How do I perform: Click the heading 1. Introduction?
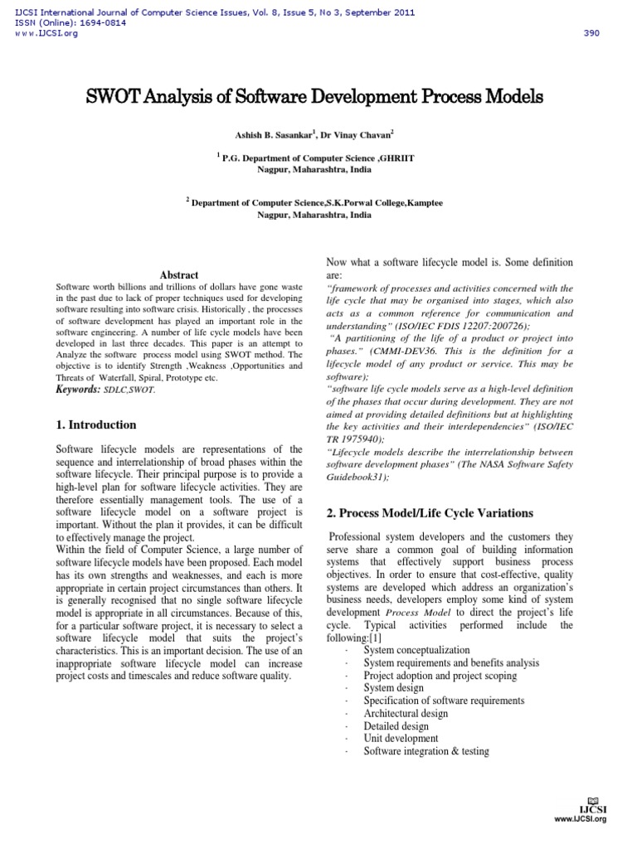[x=95, y=425]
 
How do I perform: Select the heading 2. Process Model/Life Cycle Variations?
[x=428, y=514]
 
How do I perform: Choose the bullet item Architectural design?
[x=406, y=714]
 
